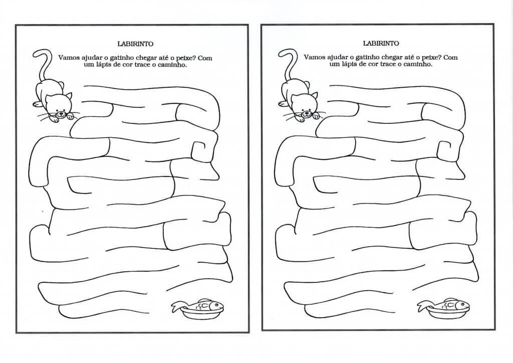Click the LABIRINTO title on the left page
coord(135,44)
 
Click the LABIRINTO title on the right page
coord(381,43)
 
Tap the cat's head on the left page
coord(59,105)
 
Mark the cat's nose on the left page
coord(60,114)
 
